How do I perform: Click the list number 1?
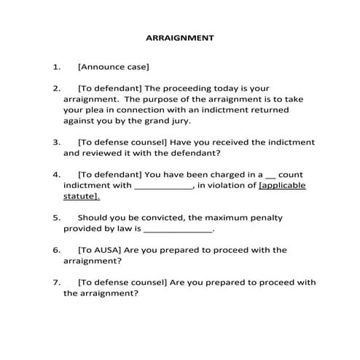pyautogui.click(x=56, y=68)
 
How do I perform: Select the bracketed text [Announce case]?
pyautogui.click(x=113, y=68)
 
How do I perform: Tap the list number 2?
pyautogui.click(x=56, y=87)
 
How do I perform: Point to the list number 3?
pyautogui.click(x=56, y=143)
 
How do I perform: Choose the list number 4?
pyautogui.click(x=56, y=175)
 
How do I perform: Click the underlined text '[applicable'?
pyautogui.click(x=282, y=185)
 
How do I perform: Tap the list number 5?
pyautogui.click(x=56, y=217)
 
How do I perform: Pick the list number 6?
pyautogui.click(x=56, y=249)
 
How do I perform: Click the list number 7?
pyautogui.click(x=56, y=281)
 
